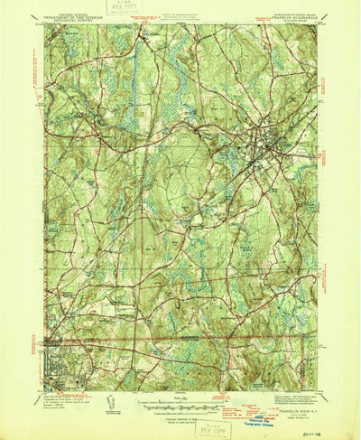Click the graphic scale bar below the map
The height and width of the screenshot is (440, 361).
pyautogui.click(x=180, y=405)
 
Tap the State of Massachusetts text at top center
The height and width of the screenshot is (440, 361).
pyautogui.click(x=180, y=9)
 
